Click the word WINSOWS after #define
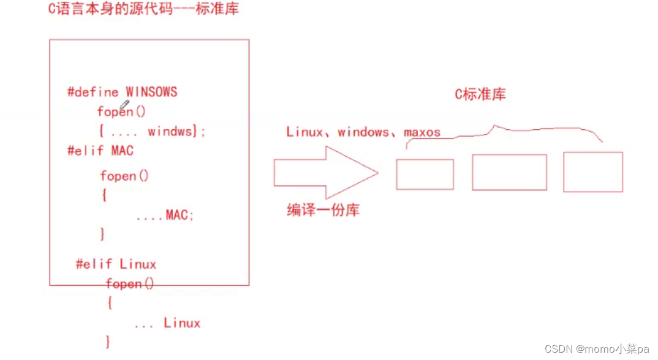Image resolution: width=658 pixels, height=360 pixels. (151, 92)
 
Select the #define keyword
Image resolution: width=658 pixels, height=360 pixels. (93, 92)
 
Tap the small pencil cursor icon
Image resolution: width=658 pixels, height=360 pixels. (124, 107)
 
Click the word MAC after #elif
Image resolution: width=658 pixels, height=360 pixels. (122, 150)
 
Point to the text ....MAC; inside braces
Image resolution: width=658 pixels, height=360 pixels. (164, 215)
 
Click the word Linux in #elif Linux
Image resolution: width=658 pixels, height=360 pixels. (138, 264)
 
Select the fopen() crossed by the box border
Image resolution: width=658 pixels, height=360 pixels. (129, 284)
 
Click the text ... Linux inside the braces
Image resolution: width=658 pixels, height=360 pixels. (167, 323)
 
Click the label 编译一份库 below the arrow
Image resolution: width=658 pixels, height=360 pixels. (323, 210)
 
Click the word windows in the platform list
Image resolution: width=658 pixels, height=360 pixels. (363, 132)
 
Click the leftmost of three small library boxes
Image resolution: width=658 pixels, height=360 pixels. (425, 174)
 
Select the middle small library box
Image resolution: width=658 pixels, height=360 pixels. (509, 172)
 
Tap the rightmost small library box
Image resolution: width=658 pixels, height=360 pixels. (592, 172)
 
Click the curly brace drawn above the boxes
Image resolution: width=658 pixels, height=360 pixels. (502, 132)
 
